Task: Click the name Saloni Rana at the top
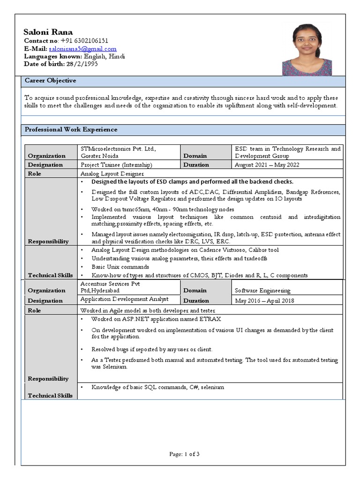48,32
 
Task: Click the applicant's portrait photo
307,50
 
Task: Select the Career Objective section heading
50,81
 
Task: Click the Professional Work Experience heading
71,129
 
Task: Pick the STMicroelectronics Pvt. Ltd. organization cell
118,152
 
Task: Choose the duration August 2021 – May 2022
267,165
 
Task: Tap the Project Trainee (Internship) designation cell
116,165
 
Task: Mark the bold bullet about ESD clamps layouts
192,182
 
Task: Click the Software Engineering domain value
262,291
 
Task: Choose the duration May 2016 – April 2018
264,300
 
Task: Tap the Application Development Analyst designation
124,299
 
